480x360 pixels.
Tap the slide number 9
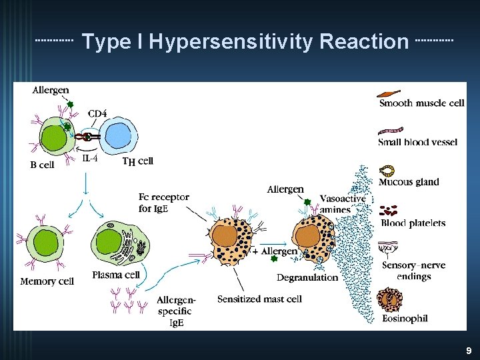469,350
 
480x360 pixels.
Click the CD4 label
97,114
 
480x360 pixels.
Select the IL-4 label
91,159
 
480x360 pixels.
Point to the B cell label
42,165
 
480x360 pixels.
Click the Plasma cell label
116,275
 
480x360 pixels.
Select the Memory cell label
47,281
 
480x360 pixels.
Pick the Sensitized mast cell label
259,299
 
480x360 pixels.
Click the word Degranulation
307,277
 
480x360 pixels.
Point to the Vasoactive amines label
343,204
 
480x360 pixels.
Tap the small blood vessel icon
391,131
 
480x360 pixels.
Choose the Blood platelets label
413,223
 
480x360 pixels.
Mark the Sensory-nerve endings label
413,271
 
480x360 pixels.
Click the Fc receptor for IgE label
163,203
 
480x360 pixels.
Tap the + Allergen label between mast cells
275,251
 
